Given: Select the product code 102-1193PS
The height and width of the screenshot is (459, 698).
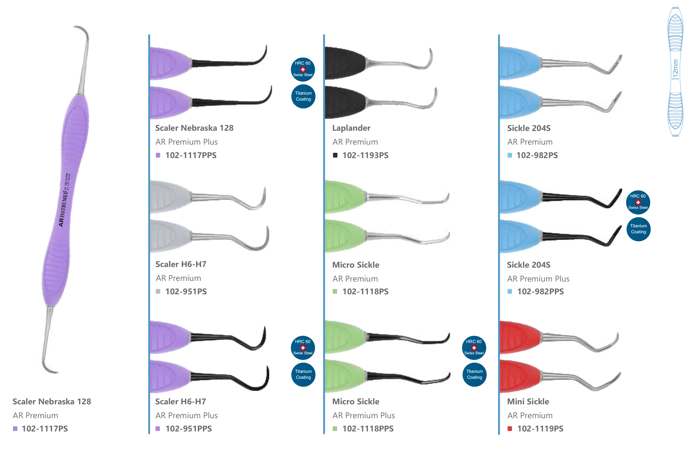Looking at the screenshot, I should [x=365, y=155].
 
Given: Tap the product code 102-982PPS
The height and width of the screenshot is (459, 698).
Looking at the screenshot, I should [x=540, y=292].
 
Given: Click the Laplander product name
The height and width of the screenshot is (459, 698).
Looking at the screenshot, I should [x=351, y=128].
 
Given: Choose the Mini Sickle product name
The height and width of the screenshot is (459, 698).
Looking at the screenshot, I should [x=528, y=401].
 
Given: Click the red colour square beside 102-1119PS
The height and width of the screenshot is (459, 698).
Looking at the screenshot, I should [x=510, y=429].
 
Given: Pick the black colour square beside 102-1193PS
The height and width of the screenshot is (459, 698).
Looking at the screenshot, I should [x=335, y=155].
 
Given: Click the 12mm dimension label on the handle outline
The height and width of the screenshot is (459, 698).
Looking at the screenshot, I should [x=676, y=69].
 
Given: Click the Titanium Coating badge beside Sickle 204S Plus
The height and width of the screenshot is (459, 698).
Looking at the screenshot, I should [x=638, y=229].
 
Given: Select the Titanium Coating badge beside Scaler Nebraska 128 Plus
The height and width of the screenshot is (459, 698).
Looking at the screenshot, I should [x=303, y=96].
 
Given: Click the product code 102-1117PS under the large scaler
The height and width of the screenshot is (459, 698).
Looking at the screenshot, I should [x=45, y=429].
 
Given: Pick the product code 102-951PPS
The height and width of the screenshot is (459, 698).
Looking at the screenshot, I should [x=189, y=429].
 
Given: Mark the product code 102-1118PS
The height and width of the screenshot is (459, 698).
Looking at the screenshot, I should [x=365, y=292].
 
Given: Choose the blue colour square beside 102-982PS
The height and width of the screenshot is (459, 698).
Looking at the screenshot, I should [x=510, y=155].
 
